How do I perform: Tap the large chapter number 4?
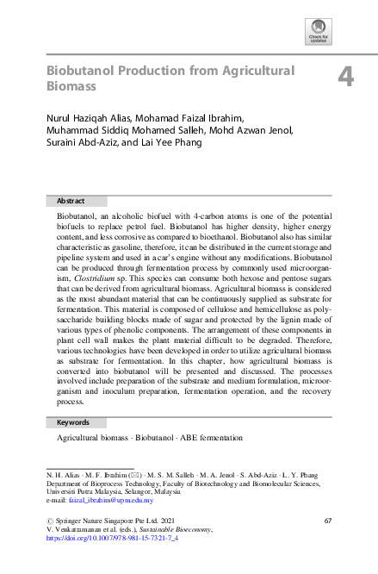345,78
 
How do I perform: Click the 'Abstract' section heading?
71,200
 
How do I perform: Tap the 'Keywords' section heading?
73,423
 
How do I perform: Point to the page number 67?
327,521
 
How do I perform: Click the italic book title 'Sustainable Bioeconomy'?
161,529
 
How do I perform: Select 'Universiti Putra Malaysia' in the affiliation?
82,493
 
